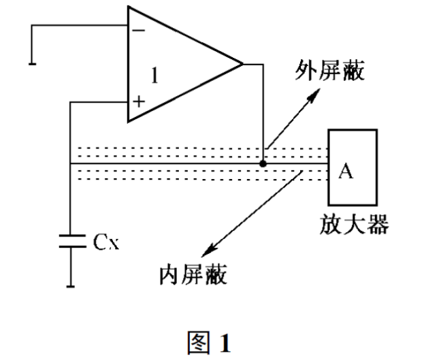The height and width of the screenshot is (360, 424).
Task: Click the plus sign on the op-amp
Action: (x=139, y=102)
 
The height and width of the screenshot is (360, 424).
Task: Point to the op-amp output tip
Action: (x=242, y=65)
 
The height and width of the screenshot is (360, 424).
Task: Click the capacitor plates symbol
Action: (x=71, y=242)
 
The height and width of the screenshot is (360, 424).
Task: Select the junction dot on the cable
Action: (x=263, y=163)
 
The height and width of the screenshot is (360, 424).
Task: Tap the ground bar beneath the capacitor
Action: (x=71, y=286)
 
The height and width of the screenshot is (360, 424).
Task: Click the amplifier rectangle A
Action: (x=354, y=167)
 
